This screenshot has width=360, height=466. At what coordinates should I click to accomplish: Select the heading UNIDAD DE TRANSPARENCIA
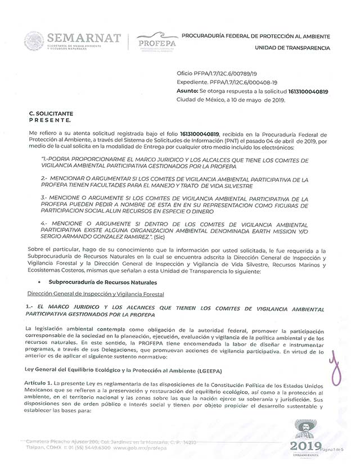point(292,48)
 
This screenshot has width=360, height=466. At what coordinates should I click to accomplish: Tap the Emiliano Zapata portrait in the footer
point(306,429)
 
